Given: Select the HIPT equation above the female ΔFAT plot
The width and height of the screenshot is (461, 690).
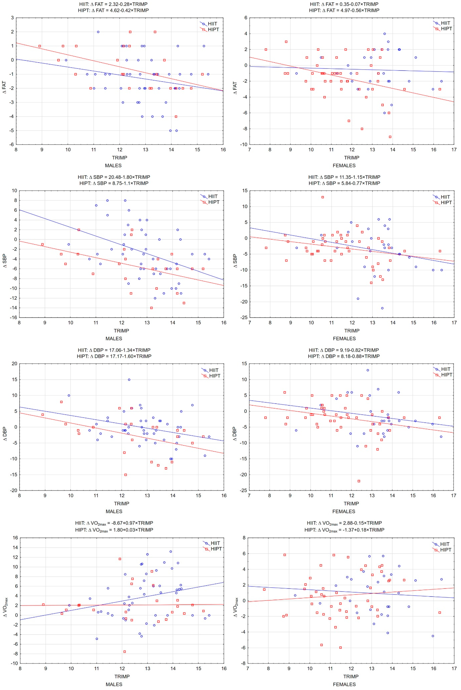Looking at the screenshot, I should (344, 10).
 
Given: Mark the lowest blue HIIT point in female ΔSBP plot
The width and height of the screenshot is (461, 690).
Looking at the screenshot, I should (382, 308).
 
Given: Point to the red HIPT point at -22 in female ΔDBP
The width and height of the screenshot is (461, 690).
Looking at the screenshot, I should (359, 481).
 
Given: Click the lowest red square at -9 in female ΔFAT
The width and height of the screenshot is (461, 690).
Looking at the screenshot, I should (390, 137).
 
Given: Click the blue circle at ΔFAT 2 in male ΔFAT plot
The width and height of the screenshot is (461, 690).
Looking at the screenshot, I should (98, 32).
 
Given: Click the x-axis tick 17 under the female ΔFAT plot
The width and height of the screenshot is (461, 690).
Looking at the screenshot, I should (454, 150).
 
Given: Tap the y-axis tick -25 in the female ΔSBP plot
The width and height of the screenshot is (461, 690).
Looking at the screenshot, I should (244, 317).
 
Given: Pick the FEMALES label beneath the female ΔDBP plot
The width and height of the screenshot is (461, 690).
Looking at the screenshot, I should (344, 511).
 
